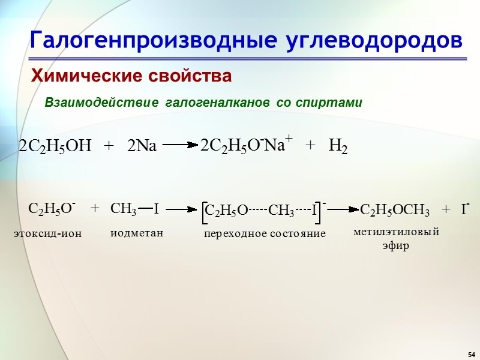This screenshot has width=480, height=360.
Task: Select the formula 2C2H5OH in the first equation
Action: pos(55,146)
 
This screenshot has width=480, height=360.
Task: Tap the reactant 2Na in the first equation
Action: pos(142,146)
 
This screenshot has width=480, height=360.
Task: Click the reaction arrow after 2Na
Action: pos(180,145)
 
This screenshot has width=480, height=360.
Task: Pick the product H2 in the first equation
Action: pos(338,146)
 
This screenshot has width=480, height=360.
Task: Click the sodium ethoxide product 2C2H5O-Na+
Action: pos(246,146)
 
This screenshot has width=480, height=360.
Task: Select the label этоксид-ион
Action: pos(47,233)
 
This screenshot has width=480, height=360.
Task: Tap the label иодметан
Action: pos(137,233)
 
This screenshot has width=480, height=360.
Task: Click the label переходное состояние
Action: pos(265,233)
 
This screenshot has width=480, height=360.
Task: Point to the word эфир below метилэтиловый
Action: pos(396,246)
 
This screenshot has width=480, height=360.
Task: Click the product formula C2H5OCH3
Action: pos(395,210)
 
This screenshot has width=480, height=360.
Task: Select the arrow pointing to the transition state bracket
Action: pos(182,209)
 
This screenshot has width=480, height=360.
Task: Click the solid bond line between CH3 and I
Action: pos(145,209)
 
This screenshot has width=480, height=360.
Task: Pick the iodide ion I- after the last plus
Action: pos(464,209)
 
